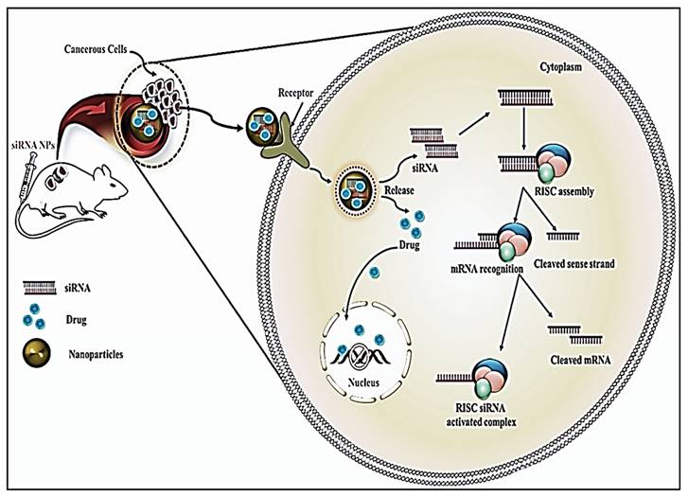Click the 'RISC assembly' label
[x=558, y=191]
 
